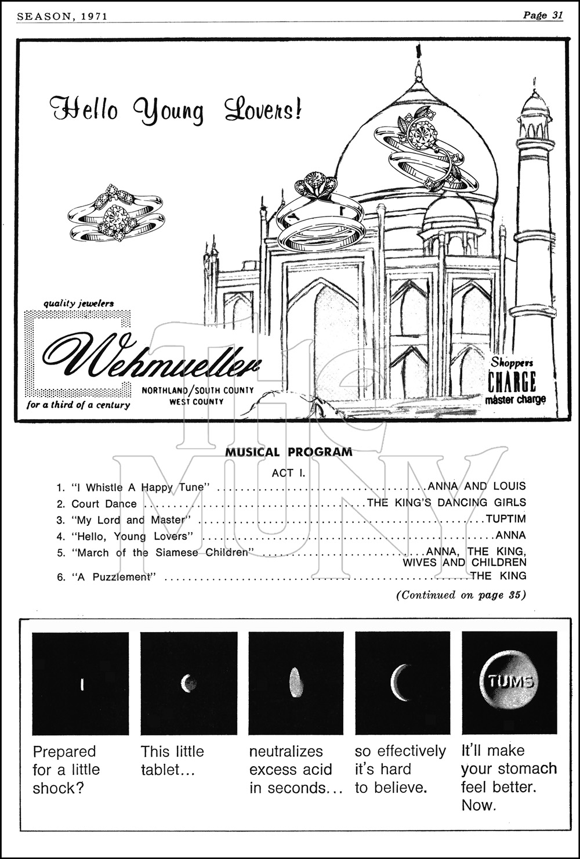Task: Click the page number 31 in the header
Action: (x=556, y=16)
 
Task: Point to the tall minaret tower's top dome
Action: (x=534, y=104)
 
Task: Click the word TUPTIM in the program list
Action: (x=506, y=518)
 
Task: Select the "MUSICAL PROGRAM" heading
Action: (x=288, y=452)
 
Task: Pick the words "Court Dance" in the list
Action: (x=104, y=504)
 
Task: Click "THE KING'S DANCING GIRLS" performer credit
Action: (x=447, y=503)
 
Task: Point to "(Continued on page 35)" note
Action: (x=461, y=595)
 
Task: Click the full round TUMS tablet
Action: (x=509, y=680)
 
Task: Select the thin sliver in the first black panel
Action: (x=82, y=684)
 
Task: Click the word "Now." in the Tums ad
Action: (x=478, y=805)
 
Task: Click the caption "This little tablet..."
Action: (x=172, y=760)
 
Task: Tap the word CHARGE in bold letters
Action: (x=512, y=382)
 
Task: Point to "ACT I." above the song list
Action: (x=288, y=473)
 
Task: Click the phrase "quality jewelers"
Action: (x=79, y=303)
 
